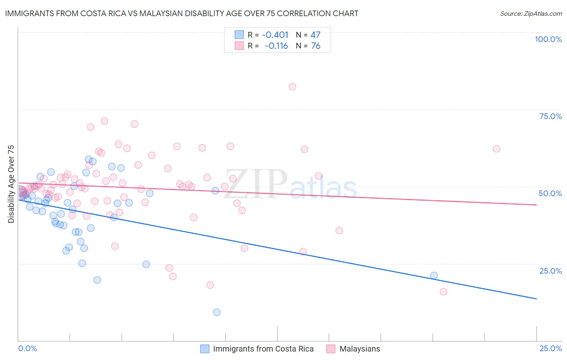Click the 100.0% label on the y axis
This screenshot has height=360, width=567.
coord(548,39)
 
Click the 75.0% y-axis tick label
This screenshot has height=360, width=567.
coord(550,116)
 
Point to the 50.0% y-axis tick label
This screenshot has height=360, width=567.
coord(550,193)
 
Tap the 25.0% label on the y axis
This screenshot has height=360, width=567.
coord(550,270)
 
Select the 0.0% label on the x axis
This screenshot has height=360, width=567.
coord(27,348)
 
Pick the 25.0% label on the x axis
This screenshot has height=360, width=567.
coord(550,348)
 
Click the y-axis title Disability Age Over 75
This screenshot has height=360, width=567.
coord(11,184)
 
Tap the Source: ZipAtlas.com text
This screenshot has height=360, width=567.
coord(531,13)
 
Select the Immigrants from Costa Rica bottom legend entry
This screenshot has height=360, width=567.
coord(263,349)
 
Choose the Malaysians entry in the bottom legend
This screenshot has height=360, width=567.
coord(359,349)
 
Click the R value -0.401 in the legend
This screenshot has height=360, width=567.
coord(275,35)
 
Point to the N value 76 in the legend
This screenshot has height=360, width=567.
coord(316,46)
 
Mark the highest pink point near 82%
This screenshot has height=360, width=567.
coord(292,87)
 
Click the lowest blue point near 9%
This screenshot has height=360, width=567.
coord(217,312)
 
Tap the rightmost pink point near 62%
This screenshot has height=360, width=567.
coord(496,149)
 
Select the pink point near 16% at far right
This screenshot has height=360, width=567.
coord(444,291)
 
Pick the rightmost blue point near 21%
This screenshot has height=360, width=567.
coord(434,276)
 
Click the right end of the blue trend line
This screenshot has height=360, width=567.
coord(536,299)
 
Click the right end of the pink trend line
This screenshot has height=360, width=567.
coord(536,205)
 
